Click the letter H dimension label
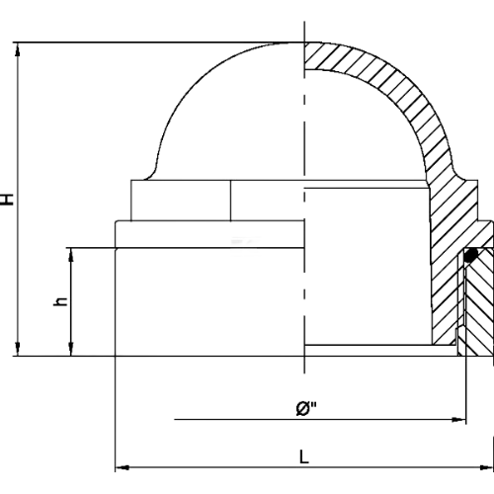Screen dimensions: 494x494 [x=7, y=200]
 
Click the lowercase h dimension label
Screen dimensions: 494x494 [x=61, y=301]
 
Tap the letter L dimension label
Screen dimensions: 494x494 [x=304, y=457]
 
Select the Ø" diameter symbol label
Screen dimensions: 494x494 [x=306, y=408]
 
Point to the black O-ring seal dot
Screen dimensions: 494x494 [x=471, y=255]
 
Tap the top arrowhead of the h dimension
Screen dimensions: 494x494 [x=71, y=254]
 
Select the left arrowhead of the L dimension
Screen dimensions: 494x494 [x=122, y=467]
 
